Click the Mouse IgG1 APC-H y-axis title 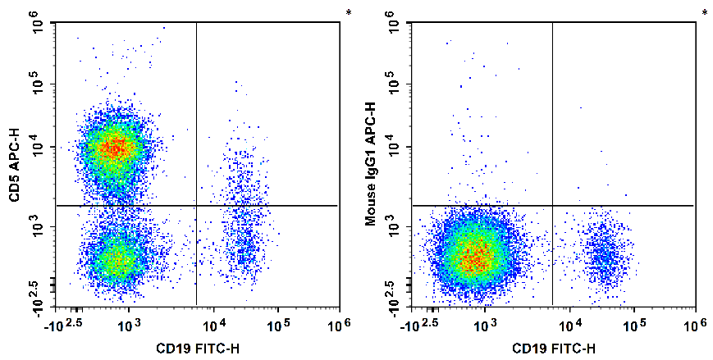point(371,164)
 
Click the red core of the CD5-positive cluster point(116,148)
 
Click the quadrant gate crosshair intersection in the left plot point(197,205)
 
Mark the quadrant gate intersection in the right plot point(552,205)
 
